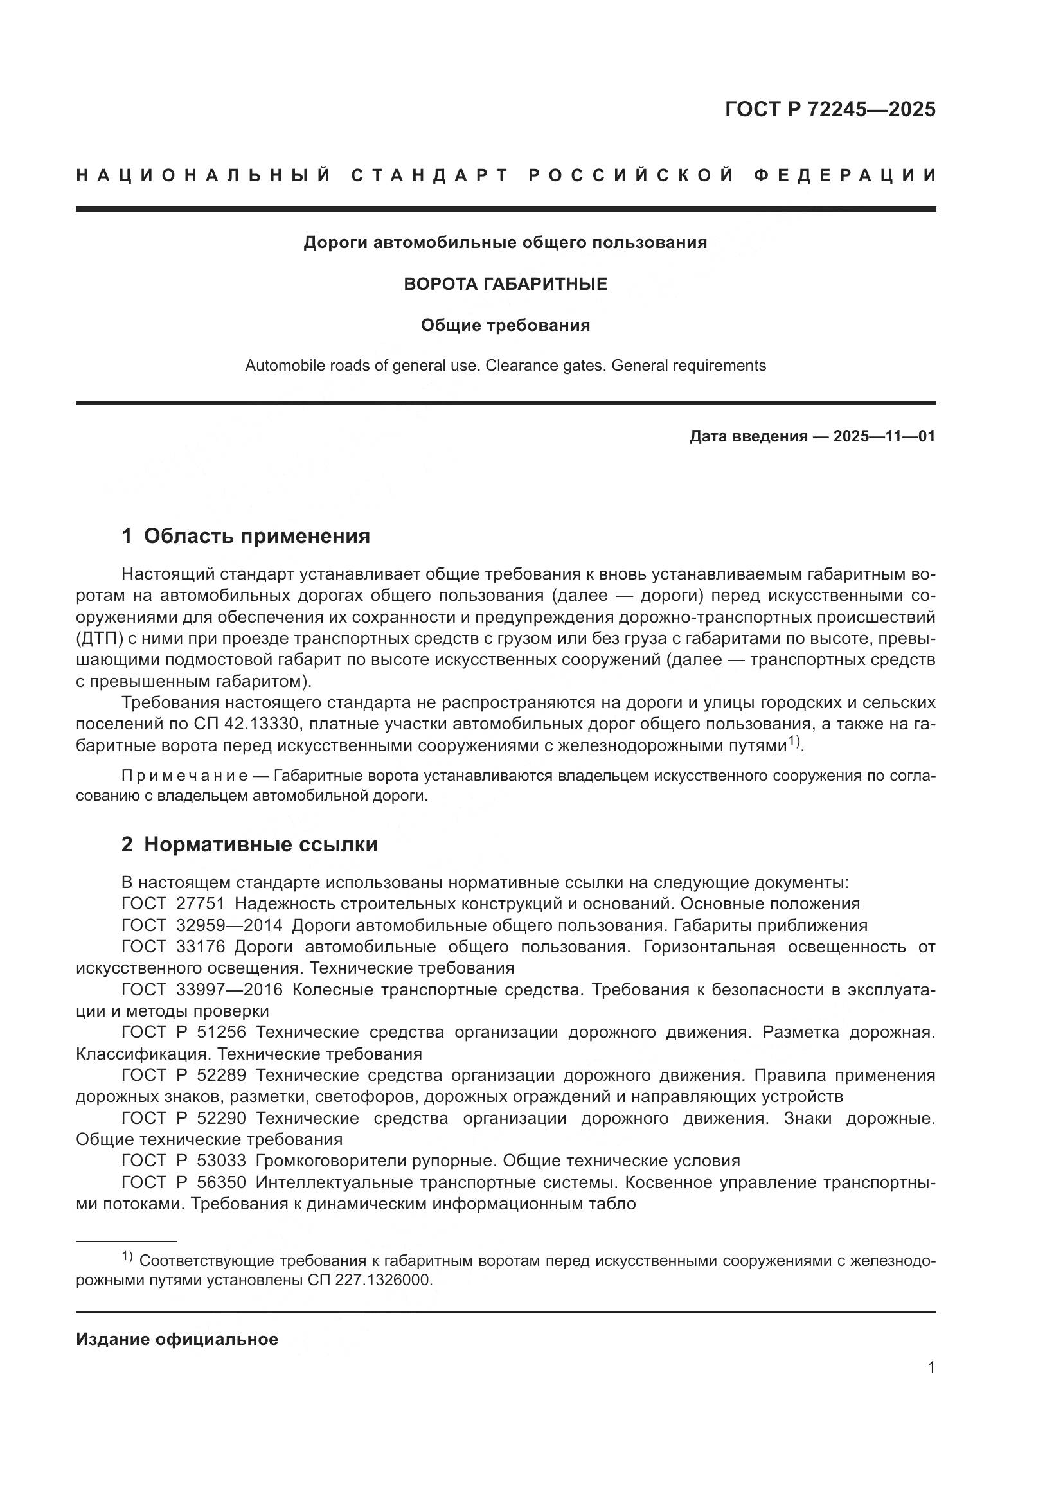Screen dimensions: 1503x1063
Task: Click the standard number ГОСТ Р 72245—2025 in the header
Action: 830,109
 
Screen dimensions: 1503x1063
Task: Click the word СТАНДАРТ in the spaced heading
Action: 430,175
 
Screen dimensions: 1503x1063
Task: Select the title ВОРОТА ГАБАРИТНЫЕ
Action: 505,284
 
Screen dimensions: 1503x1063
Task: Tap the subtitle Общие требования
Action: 505,325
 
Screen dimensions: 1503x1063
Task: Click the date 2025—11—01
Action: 884,436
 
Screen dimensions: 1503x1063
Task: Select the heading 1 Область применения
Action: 246,536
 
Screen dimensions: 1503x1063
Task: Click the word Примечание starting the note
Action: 184,776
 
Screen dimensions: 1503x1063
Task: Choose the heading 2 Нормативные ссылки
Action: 249,844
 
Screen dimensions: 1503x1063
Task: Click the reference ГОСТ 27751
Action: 173,904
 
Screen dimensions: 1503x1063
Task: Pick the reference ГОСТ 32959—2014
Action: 202,925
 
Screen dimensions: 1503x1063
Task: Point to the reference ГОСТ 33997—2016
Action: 202,990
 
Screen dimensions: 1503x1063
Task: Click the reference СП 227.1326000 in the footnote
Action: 369,1281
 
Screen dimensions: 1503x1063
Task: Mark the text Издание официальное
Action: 177,1339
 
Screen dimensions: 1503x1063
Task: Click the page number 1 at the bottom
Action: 931,1367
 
